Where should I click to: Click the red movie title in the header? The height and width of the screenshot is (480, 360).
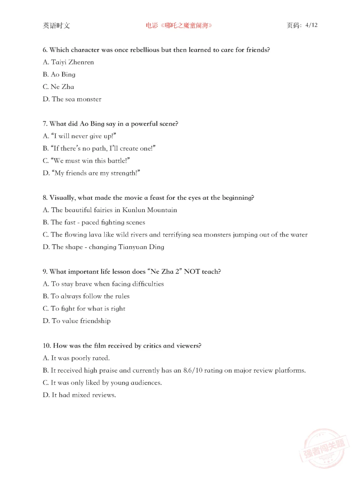click(179, 25)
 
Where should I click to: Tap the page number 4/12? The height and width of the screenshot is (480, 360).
click(311, 25)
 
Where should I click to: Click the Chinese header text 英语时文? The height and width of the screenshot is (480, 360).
click(56, 25)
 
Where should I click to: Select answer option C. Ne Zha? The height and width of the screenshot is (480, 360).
click(58, 87)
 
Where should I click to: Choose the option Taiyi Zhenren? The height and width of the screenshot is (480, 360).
click(68, 62)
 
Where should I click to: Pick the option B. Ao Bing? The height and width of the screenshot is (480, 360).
click(59, 74)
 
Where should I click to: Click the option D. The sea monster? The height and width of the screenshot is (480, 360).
click(72, 99)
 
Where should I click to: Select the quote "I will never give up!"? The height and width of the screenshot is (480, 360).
click(79, 136)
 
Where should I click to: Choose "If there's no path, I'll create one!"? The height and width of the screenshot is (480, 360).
click(99, 148)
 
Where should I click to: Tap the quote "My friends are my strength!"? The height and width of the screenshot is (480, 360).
click(91, 173)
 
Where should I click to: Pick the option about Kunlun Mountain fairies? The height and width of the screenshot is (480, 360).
click(110, 210)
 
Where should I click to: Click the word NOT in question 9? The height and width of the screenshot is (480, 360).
click(192, 272)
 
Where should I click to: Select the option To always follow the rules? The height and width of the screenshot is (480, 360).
click(86, 296)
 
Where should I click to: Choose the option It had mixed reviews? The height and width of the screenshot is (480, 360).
click(79, 395)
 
